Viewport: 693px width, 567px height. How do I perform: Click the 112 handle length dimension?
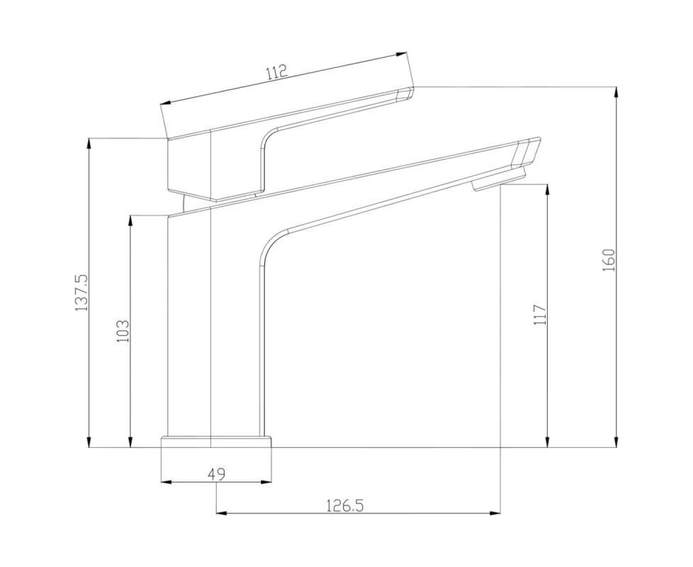tap(277, 72)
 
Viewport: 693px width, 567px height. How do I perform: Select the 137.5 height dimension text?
tap(81, 293)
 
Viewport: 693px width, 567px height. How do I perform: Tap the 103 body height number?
tap(123, 331)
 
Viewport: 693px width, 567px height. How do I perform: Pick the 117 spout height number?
tap(540, 315)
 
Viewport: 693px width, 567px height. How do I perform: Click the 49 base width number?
tap(216, 474)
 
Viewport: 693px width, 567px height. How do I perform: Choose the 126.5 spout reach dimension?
tap(345, 505)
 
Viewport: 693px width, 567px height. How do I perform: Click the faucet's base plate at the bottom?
tap(215, 442)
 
